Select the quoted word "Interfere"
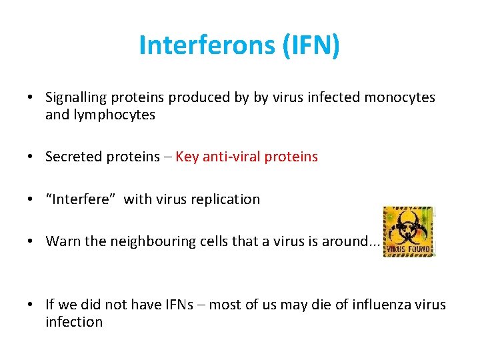(x=81, y=199)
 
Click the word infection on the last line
(x=74, y=322)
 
